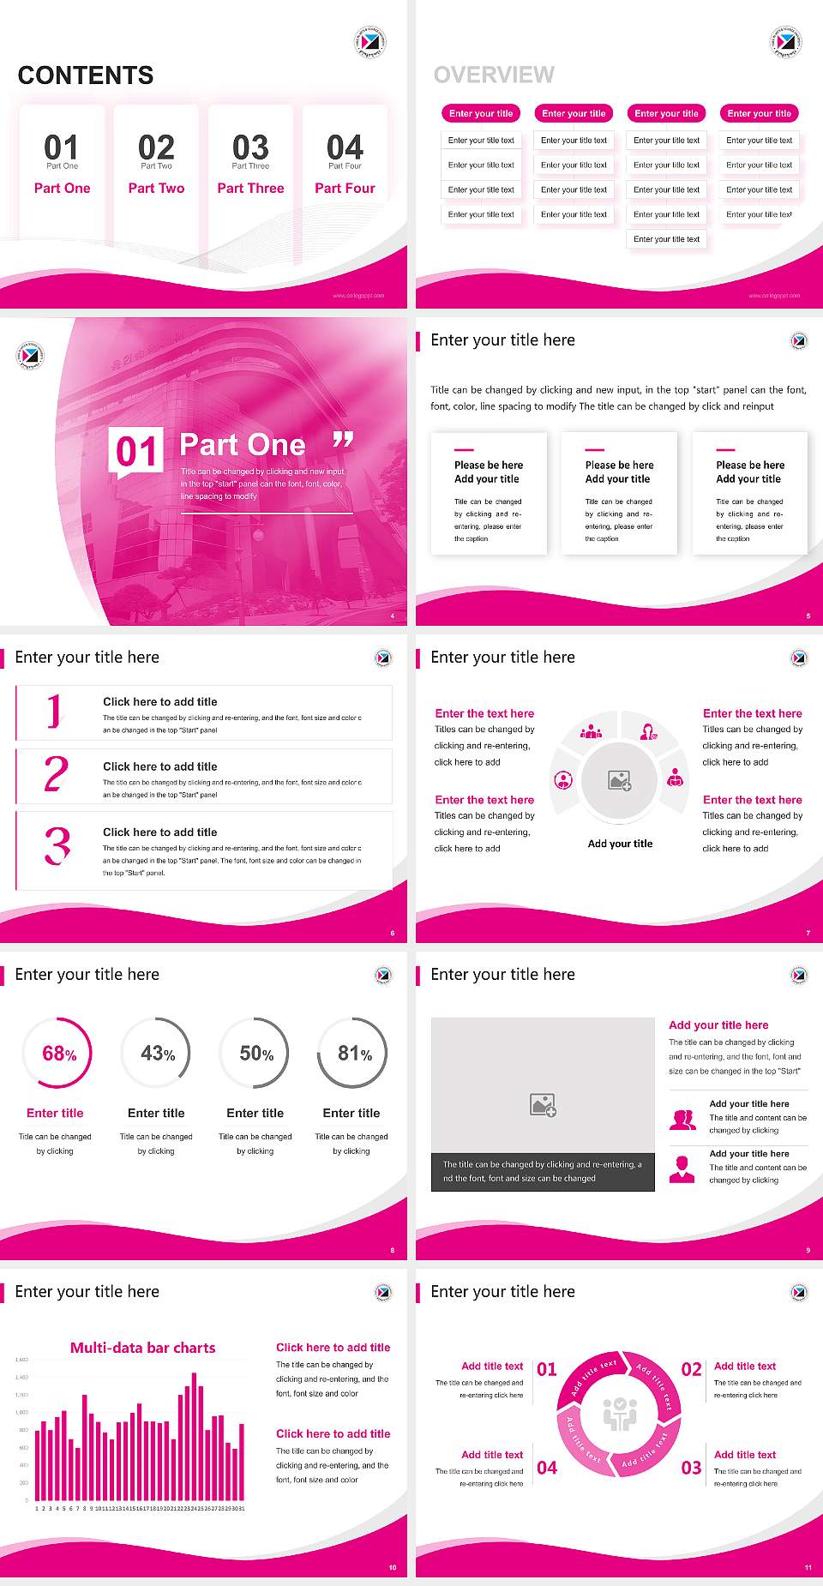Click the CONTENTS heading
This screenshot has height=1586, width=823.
click(86, 75)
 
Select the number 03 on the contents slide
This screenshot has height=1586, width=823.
click(250, 147)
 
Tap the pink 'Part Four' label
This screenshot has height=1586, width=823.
click(345, 189)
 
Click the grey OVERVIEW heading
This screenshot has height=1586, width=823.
click(494, 75)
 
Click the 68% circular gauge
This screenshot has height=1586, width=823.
click(57, 1054)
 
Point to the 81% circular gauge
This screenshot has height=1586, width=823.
click(352, 1054)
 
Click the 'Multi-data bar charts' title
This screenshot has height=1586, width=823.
click(143, 1348)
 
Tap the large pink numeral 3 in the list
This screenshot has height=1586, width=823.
click(57, 846)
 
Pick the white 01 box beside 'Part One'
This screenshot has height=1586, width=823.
click(137, 452)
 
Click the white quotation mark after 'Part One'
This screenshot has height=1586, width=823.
click(343, 441)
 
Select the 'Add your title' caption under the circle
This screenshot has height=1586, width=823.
click(620, 844)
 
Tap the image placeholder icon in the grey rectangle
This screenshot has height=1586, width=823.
click(543, 1105)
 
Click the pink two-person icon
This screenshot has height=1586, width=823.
click(682, 1120)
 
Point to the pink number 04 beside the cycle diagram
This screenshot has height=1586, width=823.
click(547, 1468)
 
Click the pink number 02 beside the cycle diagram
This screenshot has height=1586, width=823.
click(691, 1369)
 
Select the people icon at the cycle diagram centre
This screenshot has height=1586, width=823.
click(620, 1414)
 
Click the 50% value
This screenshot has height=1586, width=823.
click(256, 1054)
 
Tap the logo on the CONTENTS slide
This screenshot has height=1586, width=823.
click(370, 42)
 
